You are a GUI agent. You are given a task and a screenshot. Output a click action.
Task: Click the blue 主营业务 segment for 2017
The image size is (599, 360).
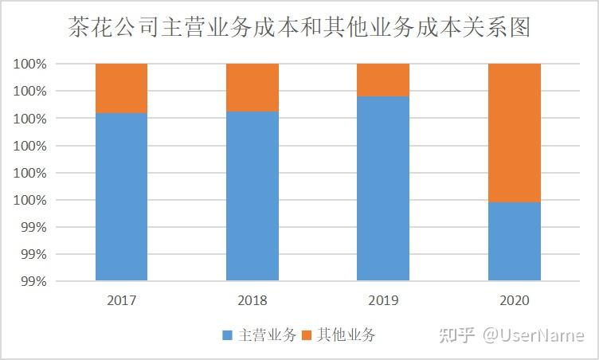point(121,197)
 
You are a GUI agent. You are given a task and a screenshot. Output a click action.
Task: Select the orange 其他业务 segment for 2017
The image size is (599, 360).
point(121,88)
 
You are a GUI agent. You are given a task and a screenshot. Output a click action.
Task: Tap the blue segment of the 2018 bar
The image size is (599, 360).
point(253,196)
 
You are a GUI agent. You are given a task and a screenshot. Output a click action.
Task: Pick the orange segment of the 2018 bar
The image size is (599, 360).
point(253,87)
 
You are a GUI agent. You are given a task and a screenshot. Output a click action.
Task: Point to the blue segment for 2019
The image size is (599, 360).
point(383,189)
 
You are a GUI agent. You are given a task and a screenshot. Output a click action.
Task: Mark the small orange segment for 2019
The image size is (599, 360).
point(383,80)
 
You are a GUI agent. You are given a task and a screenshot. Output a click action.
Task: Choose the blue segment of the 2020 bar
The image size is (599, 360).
point(514,241)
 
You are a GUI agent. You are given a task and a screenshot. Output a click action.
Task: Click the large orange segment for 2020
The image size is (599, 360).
point(514,132)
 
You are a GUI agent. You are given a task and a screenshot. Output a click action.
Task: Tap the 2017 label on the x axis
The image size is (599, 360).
point(121,301)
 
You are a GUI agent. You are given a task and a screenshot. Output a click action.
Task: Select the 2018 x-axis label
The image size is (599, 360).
point(253,301)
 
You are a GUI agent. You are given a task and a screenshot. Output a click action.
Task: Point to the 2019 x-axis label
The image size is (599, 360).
point(383,301)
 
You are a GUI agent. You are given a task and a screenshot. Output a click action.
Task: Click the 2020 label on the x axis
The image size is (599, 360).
point(514,301)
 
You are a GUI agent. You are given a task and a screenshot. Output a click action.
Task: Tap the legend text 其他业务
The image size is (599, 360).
point(346,335)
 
